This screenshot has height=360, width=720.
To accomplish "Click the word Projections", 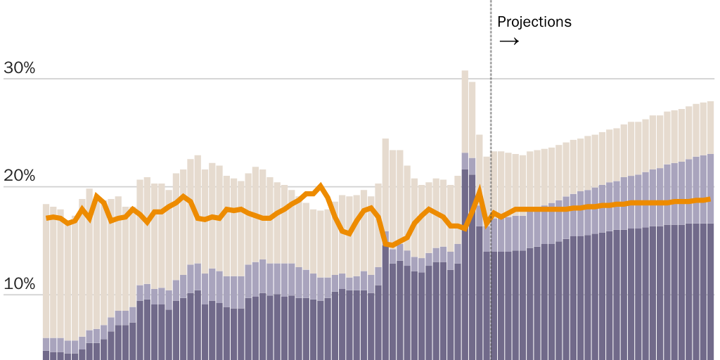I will pos(534,22).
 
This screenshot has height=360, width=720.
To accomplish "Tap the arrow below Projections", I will pos(509,41).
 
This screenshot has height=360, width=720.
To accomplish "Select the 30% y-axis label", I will pos(20,68).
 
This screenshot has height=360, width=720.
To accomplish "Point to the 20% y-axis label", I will pos(20,176).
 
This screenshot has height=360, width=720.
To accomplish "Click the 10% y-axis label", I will pos(20,285).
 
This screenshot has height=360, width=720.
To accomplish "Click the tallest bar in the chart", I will pos(465,211).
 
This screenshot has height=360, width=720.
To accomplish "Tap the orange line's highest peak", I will pos(321,186).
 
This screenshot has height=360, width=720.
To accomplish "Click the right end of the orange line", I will pos(709,200).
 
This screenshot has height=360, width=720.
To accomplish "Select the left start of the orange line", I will pos(47,218).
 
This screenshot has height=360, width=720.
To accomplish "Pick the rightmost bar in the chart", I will pos(710,232).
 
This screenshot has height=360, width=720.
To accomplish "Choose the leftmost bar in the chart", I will pos(46,281).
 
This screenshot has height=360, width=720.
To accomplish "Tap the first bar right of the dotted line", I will pos(494,253).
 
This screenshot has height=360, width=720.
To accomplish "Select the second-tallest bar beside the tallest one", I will pos(472,218).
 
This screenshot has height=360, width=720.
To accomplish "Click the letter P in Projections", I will pos(501,22).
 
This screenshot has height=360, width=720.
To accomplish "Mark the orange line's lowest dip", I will pos(386,245).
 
